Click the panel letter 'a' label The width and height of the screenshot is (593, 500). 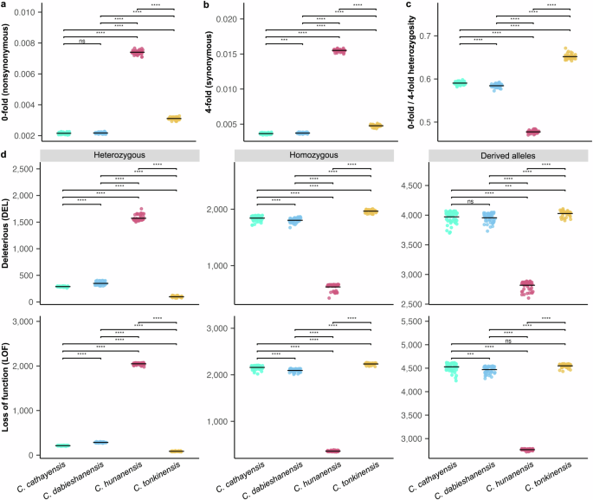pyautogui.click(x=4, y=5)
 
